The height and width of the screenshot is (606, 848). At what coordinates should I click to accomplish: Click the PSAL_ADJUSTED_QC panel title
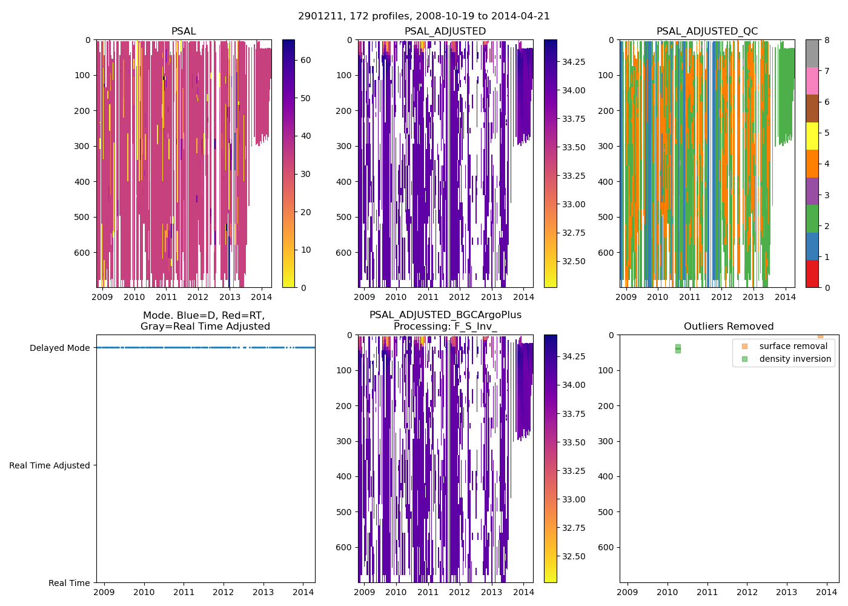tap(707, 32)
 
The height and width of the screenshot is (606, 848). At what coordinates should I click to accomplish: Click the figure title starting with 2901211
tap(424, 16)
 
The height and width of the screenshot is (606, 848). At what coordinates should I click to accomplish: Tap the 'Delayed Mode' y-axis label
tap(59, 348)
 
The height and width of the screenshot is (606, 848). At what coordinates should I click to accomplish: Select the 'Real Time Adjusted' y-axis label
tap(50, 465)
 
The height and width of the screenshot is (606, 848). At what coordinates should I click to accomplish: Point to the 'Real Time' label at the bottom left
tap(69, 583)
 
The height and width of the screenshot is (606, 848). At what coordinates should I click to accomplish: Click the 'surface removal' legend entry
tap(793, 346)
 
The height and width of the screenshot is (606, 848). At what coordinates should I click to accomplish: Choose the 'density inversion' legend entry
tap(795, 359)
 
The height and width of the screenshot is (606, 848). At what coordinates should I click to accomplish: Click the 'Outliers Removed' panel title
tap(729, 327)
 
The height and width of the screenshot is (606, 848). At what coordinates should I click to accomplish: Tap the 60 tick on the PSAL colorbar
tap(306, 60)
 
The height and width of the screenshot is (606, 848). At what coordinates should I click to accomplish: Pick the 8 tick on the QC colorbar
tap(827, 40)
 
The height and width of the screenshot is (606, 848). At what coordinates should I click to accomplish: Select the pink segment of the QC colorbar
tap(812, 81)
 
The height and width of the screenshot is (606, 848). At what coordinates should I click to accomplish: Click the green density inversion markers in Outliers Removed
tap(678, 348)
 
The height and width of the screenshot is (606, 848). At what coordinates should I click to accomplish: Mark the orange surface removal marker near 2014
tap(820, 335)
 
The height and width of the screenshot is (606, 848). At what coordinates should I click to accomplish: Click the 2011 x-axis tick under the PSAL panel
tap(166, 297)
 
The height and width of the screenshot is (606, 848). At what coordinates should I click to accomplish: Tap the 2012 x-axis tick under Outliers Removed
tap(747, 592)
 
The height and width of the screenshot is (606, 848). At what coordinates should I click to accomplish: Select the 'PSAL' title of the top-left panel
tap(184, 32)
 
